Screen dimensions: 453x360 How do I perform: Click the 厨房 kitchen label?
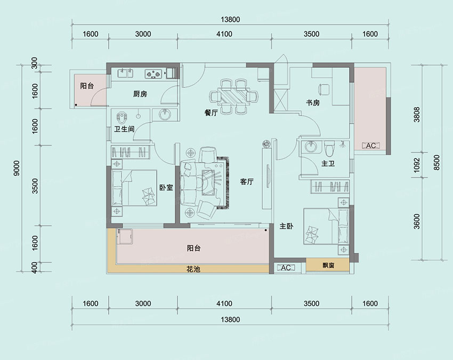140,94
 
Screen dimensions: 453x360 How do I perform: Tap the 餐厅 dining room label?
211,113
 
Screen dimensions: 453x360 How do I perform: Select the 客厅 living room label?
247,181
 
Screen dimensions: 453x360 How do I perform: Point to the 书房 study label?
313,102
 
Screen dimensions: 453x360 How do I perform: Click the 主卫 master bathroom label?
328,164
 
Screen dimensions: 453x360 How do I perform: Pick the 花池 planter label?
193,269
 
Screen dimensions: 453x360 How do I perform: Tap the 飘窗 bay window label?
328,265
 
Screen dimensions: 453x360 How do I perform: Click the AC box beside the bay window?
286,268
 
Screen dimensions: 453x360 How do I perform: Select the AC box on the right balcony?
371,146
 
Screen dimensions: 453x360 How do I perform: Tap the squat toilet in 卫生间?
122,117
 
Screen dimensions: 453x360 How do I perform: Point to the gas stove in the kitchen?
153,74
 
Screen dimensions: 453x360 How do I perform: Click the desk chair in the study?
323,89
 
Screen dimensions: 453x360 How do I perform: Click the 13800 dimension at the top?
230,20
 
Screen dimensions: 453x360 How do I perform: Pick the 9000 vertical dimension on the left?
17,169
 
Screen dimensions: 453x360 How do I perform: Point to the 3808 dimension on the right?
417,115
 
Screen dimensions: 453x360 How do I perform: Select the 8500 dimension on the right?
436,163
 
